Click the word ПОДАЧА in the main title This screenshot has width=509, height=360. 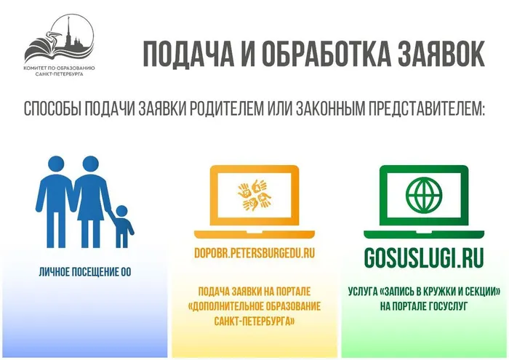click(188, 54)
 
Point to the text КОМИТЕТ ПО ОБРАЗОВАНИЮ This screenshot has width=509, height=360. click(60, 68)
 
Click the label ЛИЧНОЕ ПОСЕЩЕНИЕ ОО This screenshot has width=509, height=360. click(85, 272)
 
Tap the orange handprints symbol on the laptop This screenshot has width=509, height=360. click(254, 196)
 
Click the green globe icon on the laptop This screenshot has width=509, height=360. click(424, 195)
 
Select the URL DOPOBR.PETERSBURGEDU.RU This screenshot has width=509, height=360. click(254, 253)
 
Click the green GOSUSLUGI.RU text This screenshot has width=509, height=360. click(424, 257)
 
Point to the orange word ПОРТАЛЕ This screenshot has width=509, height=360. click(293, 291)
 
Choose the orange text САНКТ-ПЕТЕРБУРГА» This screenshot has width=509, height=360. click(254, 321)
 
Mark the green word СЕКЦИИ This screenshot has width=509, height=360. click(483, 291)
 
